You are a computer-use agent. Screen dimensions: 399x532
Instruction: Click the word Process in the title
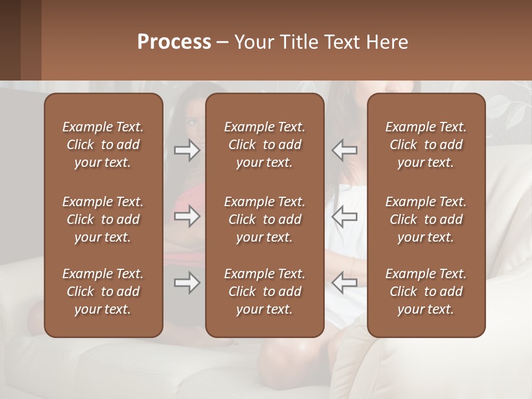click(x=174, y=42)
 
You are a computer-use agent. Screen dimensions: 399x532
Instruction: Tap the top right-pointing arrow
click(x=187, y=150)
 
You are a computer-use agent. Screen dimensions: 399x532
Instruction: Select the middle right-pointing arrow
click(x=187, y=216)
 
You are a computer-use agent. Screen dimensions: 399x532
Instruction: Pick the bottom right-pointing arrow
click(x=187, y=283)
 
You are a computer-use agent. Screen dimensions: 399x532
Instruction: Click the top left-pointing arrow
click(x=344, y=150)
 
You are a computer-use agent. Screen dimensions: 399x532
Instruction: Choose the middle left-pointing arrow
click(x=344, y=216)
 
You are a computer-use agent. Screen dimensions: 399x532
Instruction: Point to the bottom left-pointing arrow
click(x=344, y=283)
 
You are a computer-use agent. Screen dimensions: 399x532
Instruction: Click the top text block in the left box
click(x=103, y=145)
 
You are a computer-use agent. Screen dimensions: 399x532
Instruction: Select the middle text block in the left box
click(x=103, y=219)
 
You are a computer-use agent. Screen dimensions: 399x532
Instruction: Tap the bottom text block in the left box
click(x=103, y=291)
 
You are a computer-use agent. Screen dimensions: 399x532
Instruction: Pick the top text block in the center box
click(x=265, y=145)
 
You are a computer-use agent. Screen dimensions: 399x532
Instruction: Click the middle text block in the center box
click(x=265, y=219)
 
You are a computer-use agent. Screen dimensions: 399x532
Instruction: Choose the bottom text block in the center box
click(x=265, y=291)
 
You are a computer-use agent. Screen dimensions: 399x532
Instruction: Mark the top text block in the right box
click(x=426, y=145)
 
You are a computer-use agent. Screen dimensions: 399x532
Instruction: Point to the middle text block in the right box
click(x=426, y=219)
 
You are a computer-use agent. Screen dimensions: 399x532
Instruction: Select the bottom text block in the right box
click(x=426, y=291)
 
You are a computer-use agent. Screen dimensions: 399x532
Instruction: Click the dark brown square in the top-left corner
click(x=20, y=40)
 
